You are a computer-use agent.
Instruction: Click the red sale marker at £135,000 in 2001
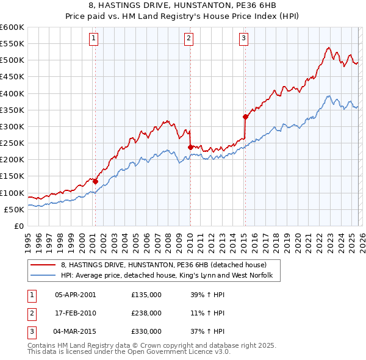click(x=95, y=181)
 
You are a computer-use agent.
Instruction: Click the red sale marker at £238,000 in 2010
click(x=190, y=147)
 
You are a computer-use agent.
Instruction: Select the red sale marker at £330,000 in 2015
click(x=245, y=117)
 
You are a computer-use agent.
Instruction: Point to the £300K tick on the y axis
click(x=12, y=126)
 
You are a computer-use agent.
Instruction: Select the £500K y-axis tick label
click(x=12, y=60)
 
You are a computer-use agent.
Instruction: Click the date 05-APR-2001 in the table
click(x=76, y=294)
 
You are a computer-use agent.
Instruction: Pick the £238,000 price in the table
click(x=146, y=313)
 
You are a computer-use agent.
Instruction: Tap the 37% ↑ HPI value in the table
click(x=207, y=332)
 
